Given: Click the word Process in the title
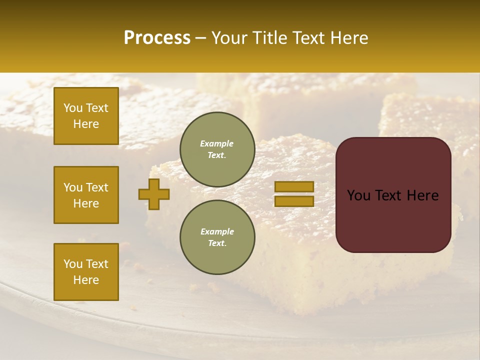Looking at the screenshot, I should (x=157, y=38).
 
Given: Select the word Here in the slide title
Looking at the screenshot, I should (x=348, y=38).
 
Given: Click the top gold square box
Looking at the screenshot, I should (x=86, y=116).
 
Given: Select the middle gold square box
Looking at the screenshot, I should (x=86, y=195).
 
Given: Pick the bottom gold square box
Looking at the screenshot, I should (x=86, y=272).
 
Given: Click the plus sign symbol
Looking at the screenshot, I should (x=154, y=194).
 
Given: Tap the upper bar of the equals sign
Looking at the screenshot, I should (x=294, y=187).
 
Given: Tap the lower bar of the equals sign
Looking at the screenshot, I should (x=294, y=201).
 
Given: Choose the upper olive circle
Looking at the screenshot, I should (x=217, y=149).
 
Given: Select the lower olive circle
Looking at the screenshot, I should (x=217, y=237).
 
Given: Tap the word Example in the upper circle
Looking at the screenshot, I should (x=217, y=143).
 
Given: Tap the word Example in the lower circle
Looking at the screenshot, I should (x=217, y=231).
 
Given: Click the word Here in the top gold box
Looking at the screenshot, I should (x=86, y=124).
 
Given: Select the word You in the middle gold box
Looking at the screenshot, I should (x=73, y=187).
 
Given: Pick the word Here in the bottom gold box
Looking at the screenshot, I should (x=86, y=280).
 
